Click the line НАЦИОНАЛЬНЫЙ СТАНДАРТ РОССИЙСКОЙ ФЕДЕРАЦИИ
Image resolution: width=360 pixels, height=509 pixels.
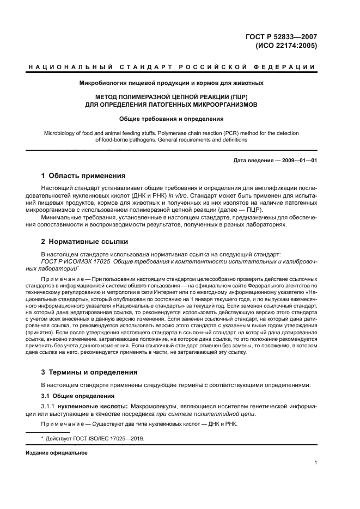(x=172, y=68)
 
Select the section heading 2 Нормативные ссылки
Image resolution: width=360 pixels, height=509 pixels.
(x=86, y=241)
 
